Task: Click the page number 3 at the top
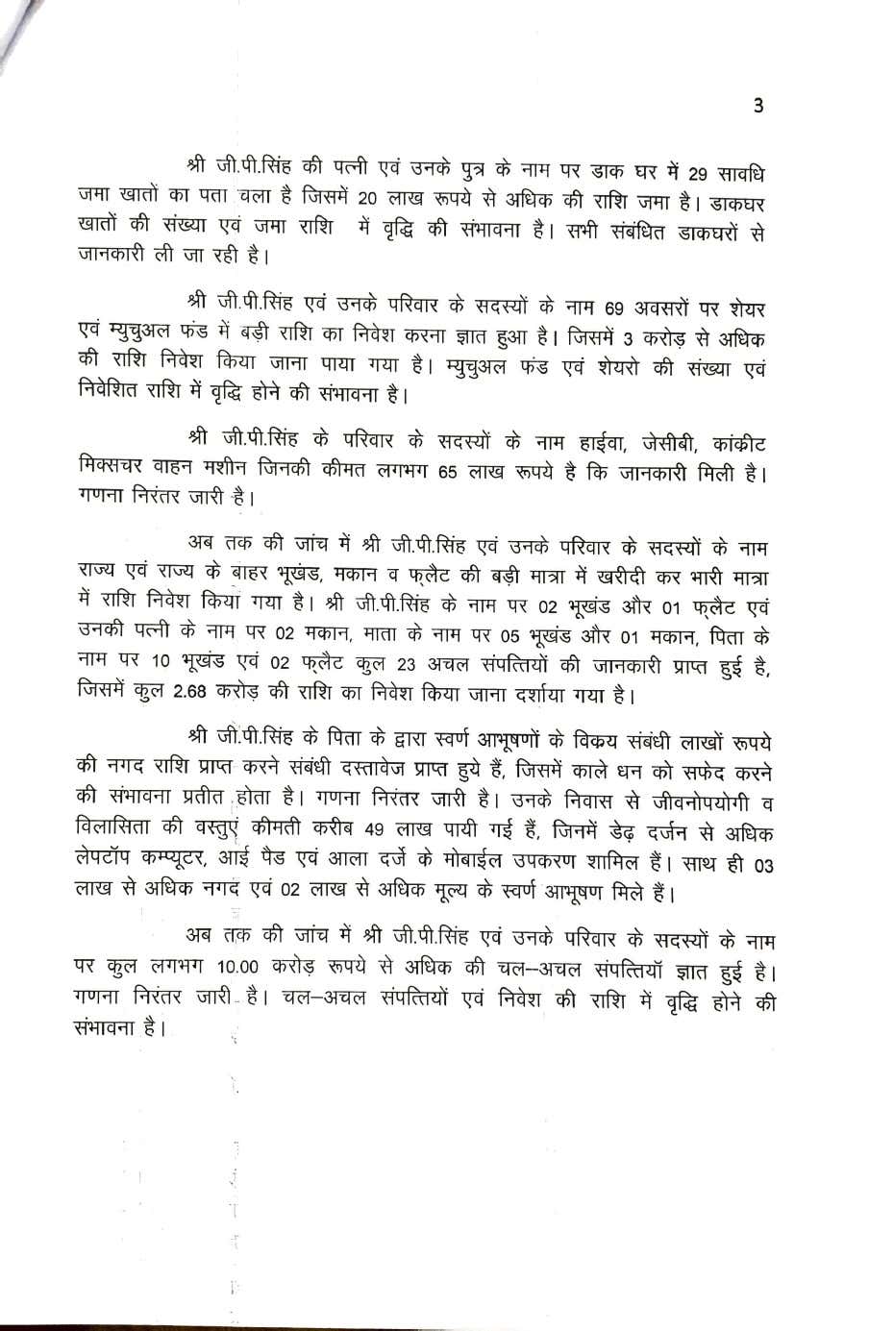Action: click(x=758, y=106)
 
